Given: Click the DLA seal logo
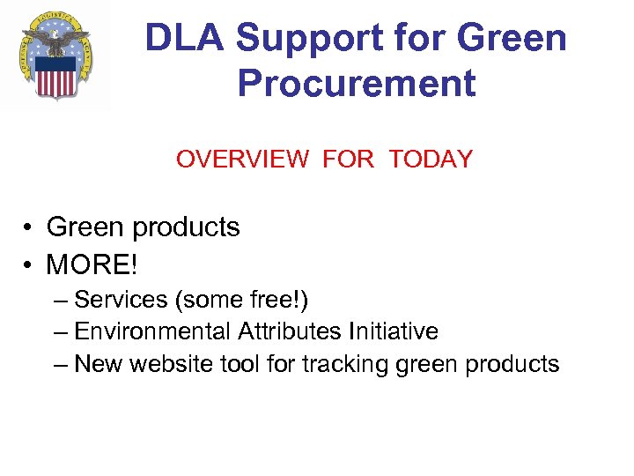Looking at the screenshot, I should (x=56, y=56).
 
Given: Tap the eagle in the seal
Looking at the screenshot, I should (x=56, y=40).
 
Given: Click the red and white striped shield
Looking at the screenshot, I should (x=56, y=78).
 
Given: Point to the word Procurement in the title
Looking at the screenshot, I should (x=357, y=84).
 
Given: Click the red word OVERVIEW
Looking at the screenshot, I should (x=242, y=160).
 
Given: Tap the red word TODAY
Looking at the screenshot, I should (x=431, y=160).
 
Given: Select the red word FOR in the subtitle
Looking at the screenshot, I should (x=349, y=160).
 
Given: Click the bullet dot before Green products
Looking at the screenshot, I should (x=29, y=228).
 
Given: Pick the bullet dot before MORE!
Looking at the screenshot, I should (x=29, y=264).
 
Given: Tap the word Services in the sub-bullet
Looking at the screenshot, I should (x=121, y=300).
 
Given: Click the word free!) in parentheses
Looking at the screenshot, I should (x=280, y=300).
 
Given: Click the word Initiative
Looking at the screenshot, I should (x=394, y=332).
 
